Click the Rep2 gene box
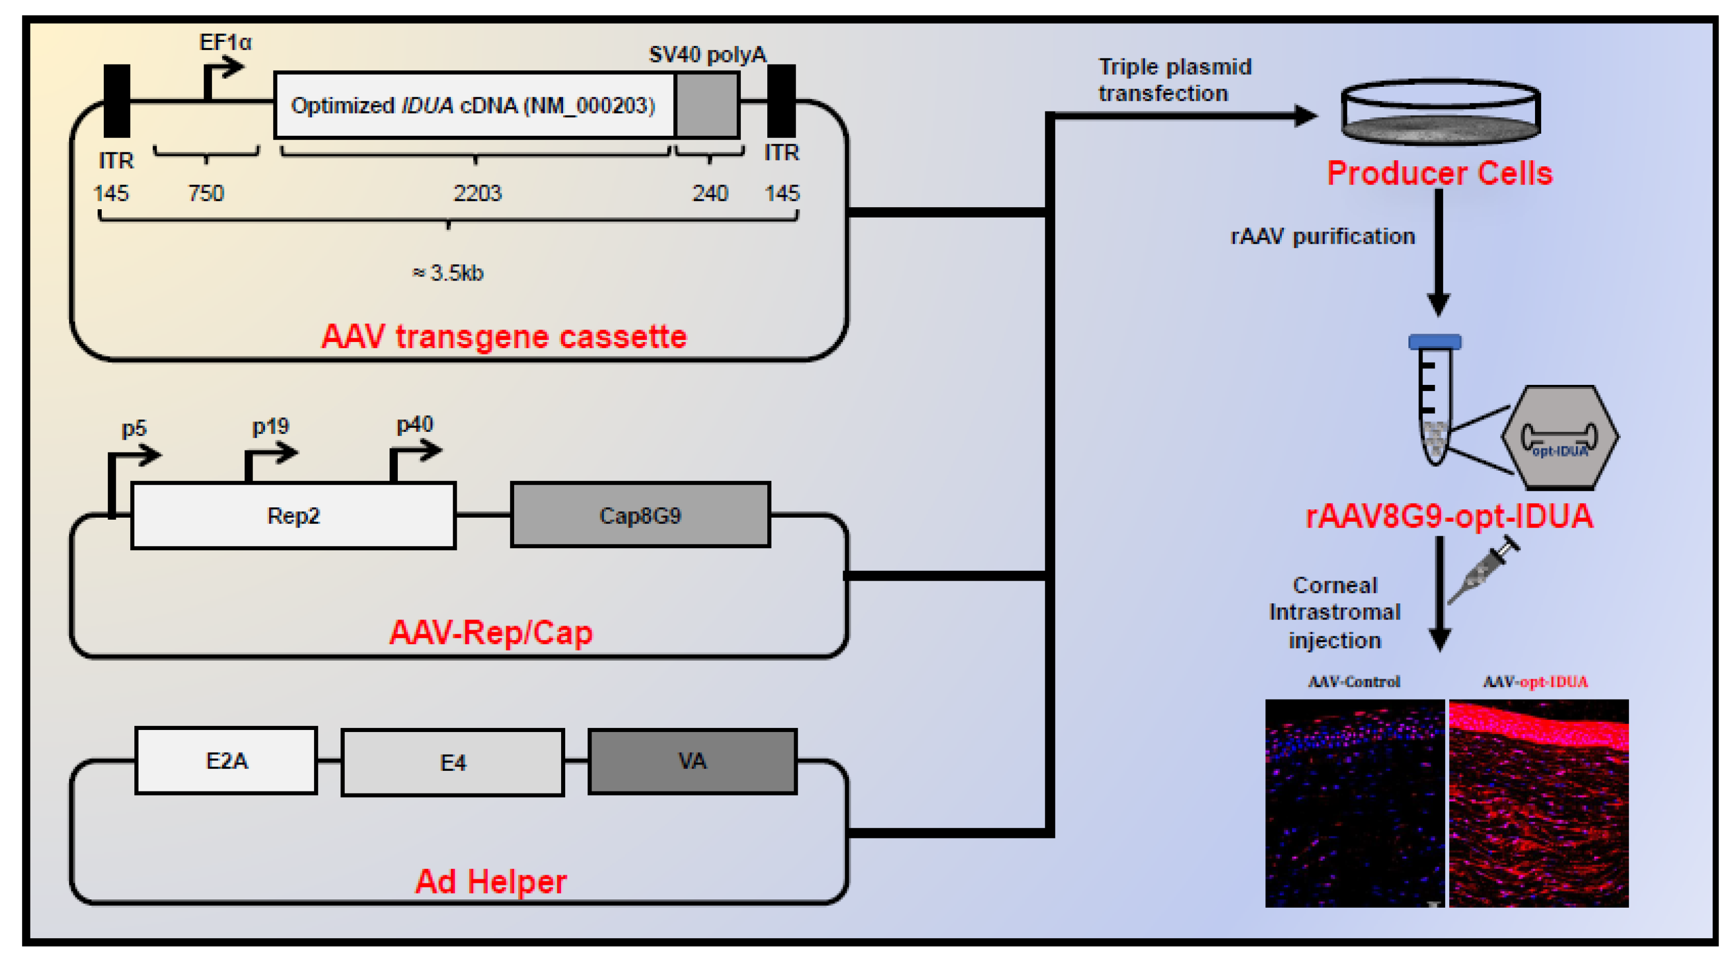[293, 516]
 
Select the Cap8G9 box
[640, 516]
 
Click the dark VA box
[692, 761]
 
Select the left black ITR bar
[117, 101]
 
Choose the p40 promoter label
[414, 425]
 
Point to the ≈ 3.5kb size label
[448, 273]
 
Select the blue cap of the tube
[1435, 341]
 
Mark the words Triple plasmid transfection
[1174, 80]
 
